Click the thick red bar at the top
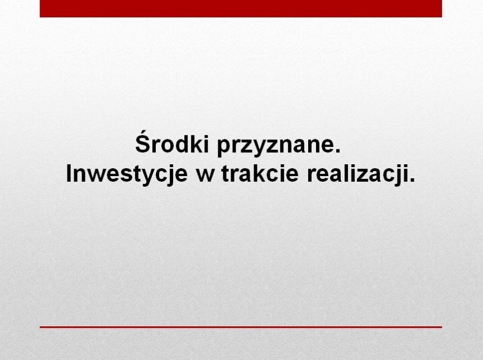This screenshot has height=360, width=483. [x=241, y=8]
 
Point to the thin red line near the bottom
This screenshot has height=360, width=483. [x=241, y=327]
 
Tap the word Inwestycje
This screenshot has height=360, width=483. [x=127, y=175]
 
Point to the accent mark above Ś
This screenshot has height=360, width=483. [x=143, y=132]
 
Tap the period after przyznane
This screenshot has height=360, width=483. [x=338, y=150]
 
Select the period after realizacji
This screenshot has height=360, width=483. [x=413, y=181]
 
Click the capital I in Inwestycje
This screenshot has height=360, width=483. [x=69, y=173]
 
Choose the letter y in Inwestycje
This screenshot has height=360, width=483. [x=144, y=178]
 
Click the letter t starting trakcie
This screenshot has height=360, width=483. [x=226, y=174]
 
